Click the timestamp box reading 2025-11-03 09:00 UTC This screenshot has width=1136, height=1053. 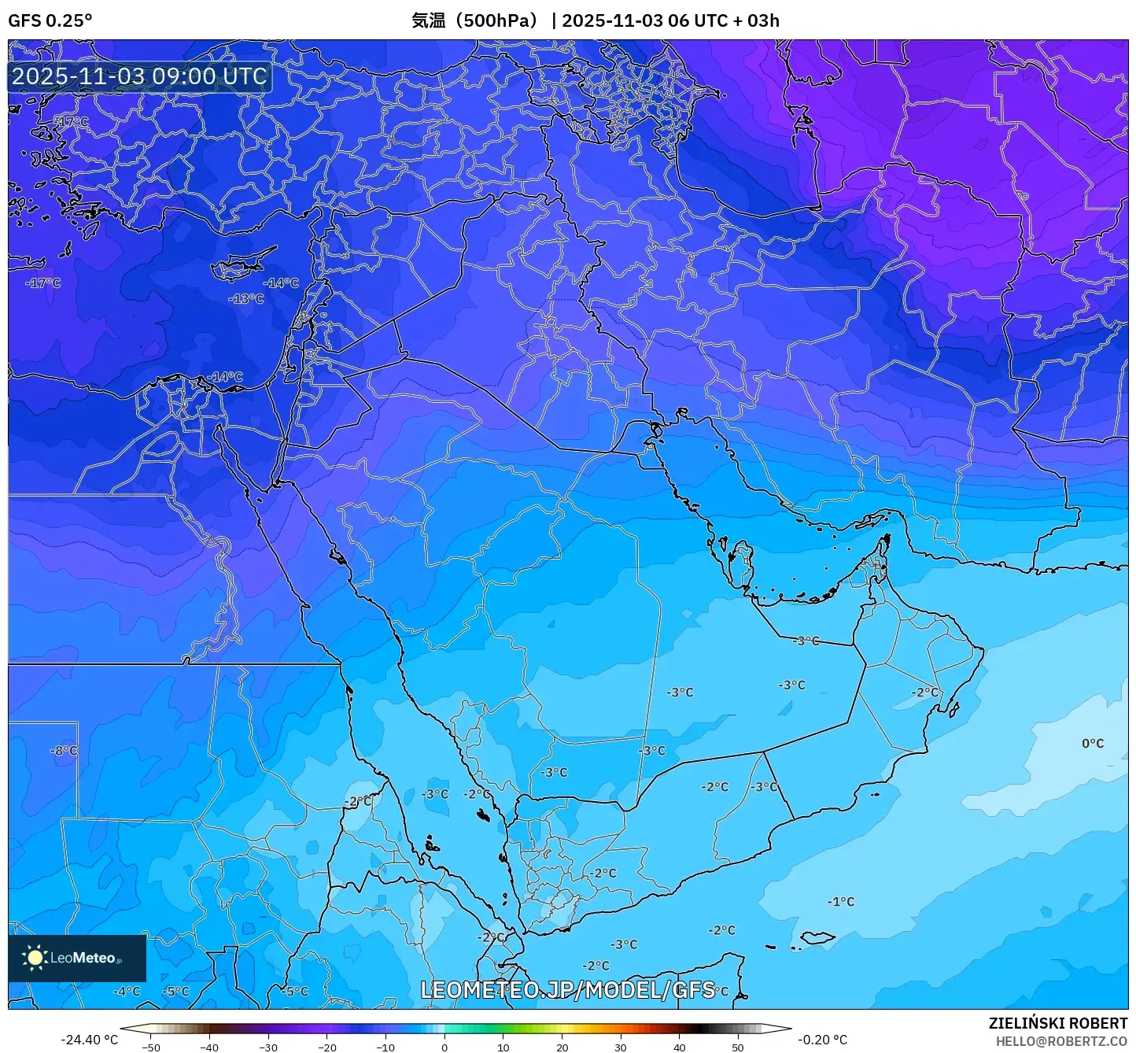point(139,76)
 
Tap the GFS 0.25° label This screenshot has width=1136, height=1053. point(50,20)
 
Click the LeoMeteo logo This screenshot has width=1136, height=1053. point(77,958)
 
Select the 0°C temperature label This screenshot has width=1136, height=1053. point(1093,743)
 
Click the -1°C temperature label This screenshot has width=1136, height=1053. point(840,901)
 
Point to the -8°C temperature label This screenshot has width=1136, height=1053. point(65,751)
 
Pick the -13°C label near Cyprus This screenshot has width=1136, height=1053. point(245,298)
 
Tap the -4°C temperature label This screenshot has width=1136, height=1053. point(127,991)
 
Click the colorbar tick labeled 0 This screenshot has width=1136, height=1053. point(444,1047)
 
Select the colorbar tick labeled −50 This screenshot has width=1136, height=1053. point(151,1047)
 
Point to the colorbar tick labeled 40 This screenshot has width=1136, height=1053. point(679,1047)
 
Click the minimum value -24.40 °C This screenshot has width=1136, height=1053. point(89,1040)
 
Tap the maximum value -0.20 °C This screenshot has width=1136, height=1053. point(822,1040)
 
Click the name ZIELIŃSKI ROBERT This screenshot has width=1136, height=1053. point(1057,1023)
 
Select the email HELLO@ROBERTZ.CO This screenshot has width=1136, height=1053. point(1061,1041)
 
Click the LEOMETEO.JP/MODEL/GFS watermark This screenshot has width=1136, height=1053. point(567,989)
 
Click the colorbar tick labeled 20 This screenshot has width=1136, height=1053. point(562,1047)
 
